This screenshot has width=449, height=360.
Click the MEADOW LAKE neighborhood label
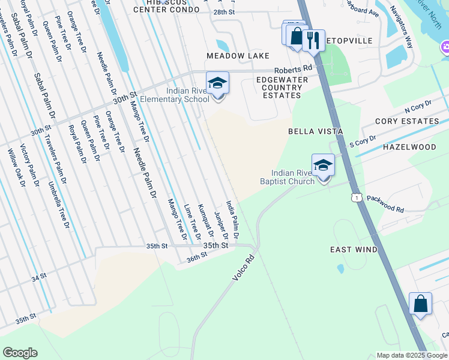pos(238,56)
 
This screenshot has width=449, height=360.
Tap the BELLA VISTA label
pos(315,131)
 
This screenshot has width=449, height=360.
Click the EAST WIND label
pos(354,250)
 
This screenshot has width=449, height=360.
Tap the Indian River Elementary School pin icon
pos(217,83)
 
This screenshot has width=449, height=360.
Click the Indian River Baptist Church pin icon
pos(323,165)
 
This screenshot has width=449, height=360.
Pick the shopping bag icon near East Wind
pos(420,304)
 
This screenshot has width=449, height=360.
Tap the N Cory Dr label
pos(418,109)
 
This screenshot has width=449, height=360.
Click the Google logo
pos(20,353)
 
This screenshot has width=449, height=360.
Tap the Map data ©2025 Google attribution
pos(412,355)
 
